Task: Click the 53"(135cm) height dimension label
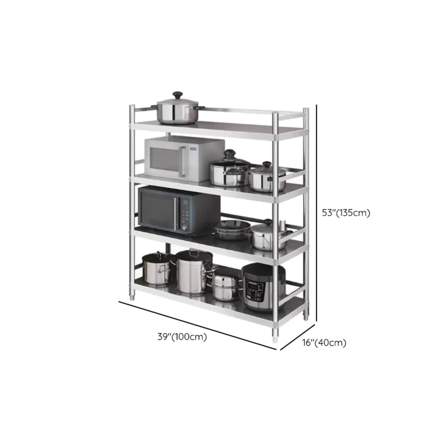click(x=346, y=213)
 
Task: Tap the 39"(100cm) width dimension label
click(x=182, y=336)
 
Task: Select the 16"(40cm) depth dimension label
click(x=324, y=343)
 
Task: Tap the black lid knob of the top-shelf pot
click(x=177, y=95)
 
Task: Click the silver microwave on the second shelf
click(x=183, y=159)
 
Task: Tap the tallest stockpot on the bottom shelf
click(x=194, y=272)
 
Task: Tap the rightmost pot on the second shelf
click(x=267, y=177)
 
